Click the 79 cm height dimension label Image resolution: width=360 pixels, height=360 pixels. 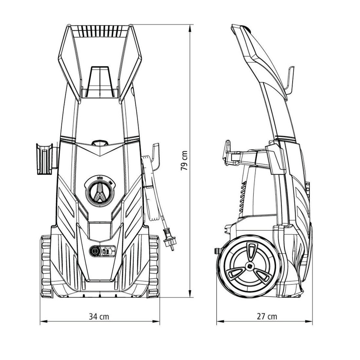point(185,161)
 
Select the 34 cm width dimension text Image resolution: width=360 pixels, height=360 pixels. point(99,316)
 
